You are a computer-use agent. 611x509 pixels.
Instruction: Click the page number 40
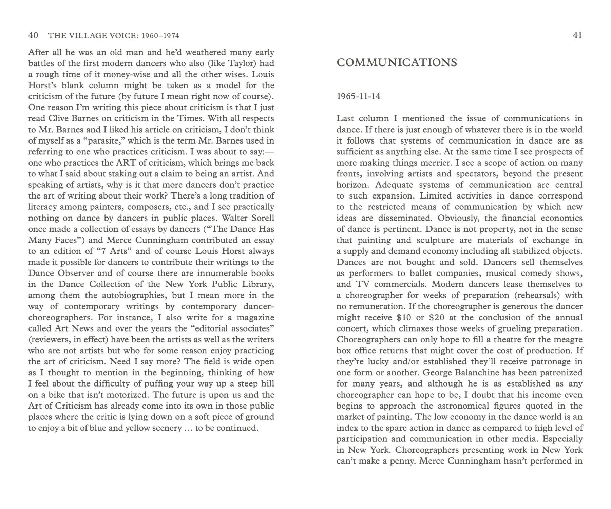pyautogui.click(x=33, y=35)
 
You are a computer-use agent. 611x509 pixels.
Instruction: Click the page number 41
pyautogui.click(x=577, y=35)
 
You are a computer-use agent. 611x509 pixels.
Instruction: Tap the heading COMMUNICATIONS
pyautogui.click(x=397, y=63)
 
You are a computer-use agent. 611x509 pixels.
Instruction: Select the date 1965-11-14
pyautogui.click(x=358, y=96)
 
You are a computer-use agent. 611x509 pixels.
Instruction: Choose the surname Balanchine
pyautogui.click(x=470, y=373)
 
